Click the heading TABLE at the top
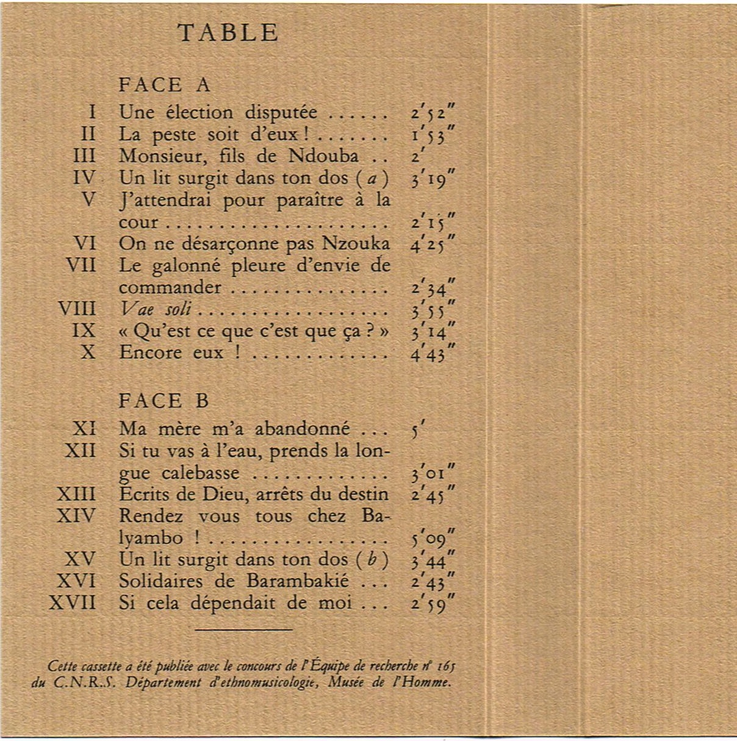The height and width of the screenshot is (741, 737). pos(228,33)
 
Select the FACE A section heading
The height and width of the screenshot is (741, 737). pos(164,85)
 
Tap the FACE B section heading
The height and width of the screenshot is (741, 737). pos(164,401)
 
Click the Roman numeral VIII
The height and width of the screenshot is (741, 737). pos(77,309)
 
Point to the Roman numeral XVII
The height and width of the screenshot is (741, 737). pos(73,603)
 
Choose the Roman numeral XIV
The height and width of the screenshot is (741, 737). pos(76,516)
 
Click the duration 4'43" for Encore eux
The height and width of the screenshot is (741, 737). pos(433,354)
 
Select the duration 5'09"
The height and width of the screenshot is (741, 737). pos(433,539)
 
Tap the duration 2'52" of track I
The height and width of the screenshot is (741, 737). pos(433,113)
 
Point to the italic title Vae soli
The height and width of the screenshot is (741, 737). pos(156,309)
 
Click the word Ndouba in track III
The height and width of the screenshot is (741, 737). pos(323,156)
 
